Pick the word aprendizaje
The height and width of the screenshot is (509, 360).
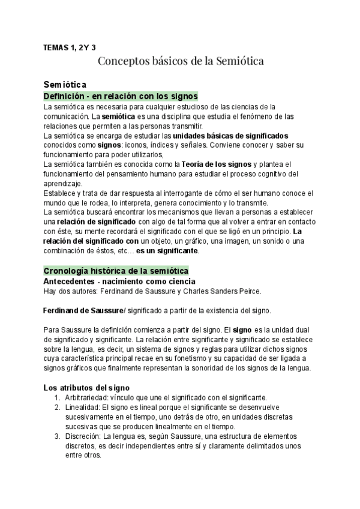(64, 184)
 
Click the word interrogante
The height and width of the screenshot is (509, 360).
(186, 193)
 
